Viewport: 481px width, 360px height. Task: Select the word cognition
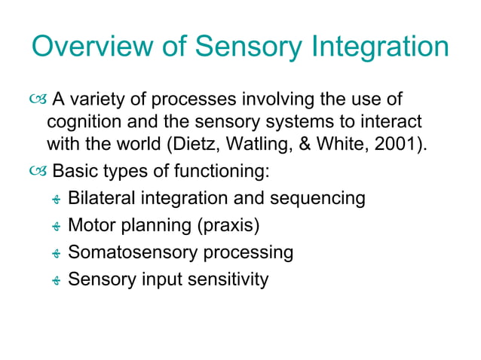coord(82,121)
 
